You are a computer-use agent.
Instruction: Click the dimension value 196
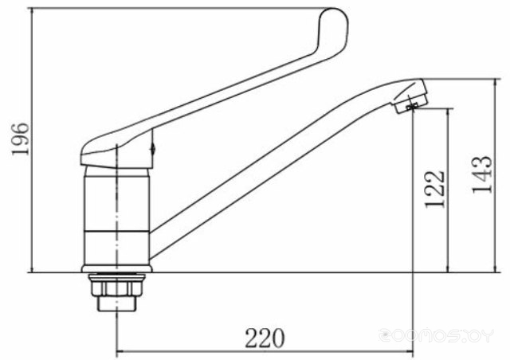click(x=21, y=139)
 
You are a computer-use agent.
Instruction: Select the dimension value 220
click(x=265, y=338)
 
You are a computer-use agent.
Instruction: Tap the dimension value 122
click(x=434, y=189)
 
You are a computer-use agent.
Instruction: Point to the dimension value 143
click(x=482, y=174)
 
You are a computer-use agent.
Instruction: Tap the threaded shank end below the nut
click(x=116, y=303)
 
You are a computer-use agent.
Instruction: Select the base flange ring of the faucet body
click(x=117, y=269)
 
